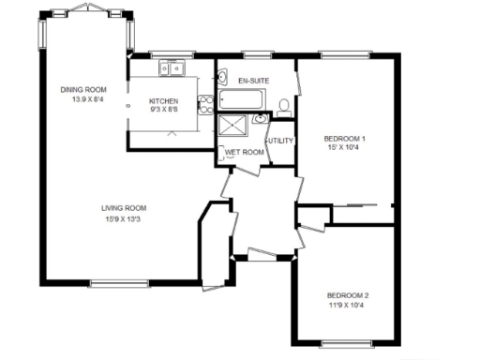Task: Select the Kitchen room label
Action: point(165,101)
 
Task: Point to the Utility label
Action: point(281,141)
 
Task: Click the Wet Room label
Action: point(244,151)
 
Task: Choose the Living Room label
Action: point(124,208)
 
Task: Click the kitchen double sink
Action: point(172,67)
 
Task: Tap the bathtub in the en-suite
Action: point(241,100)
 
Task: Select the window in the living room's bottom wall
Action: point(119,283)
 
